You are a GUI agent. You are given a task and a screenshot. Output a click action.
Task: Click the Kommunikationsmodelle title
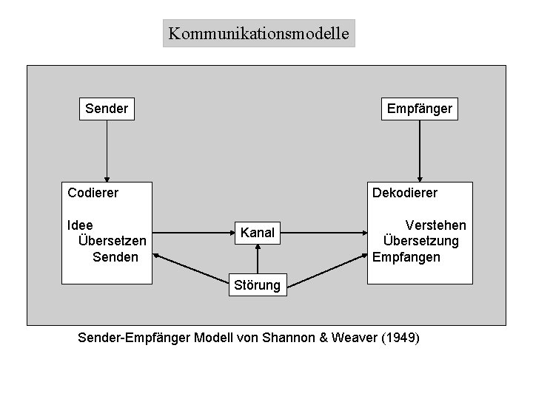click(x=258, y=33)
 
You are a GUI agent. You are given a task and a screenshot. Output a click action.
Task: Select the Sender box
click(x=107, y=109)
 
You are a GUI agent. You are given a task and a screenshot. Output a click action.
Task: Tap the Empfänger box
click(x=419, y=109)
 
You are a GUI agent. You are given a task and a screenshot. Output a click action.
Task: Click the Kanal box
click(x=258, y=233)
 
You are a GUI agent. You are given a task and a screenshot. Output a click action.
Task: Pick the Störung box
click(x=257, y=284)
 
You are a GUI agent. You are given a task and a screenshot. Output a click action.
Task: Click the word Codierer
click(x=93, y=193)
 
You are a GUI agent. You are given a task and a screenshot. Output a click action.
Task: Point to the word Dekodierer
click(x=405, y=193)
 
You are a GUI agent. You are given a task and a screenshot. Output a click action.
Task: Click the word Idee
click(x=80, y=225)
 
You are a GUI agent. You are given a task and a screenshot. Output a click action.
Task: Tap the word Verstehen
click(x=435, y=225)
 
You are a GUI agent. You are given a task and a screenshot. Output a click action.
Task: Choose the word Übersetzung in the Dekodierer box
click(x=420, y=241)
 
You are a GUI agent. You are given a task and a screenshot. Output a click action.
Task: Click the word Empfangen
click(x=406, y=257)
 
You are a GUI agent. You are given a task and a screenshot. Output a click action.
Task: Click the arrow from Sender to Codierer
click(x=107, y=151)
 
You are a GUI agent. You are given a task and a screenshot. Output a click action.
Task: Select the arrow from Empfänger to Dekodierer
click(x=420, y=151)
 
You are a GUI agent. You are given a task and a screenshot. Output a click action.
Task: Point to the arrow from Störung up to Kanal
click(x=258, y=259)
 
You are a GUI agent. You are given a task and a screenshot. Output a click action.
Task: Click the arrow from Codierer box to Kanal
click(x=192, y=233)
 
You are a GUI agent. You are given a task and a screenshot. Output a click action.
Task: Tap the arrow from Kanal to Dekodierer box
click(x=326, y=233)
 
